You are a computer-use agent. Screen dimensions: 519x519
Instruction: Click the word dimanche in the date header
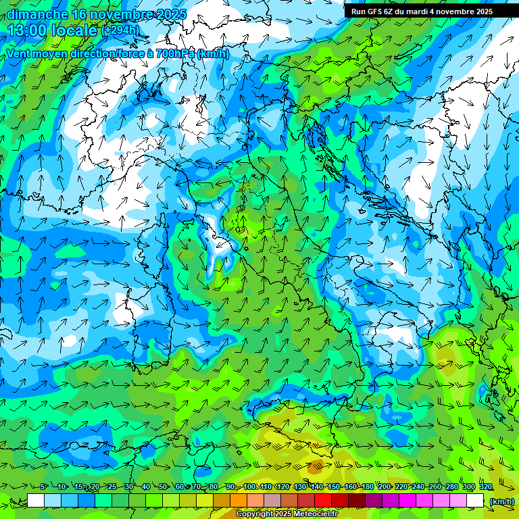pyautogui.click(x=38, y=14)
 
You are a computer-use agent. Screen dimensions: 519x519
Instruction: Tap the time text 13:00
pyautogui.click(x=30, y=30)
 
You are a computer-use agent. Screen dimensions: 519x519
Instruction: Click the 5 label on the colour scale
pyautogui.click(x=43, y=487)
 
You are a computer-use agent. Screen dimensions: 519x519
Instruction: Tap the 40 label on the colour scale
pyautogui.click(x=146, y=487)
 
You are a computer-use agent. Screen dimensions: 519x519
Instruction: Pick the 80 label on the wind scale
pyautogui.click(x=214, y=487)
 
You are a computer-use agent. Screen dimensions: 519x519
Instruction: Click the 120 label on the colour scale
pyautogui.click(x=282, y=487)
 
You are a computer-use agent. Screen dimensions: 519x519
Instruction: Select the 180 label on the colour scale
pyautogui.click(x=368, y=487)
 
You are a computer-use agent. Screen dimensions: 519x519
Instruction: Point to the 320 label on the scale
pyautogui.click(x=486, y=487)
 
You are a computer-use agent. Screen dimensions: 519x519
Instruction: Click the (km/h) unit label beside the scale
pyautogui.click(x=501, y=501)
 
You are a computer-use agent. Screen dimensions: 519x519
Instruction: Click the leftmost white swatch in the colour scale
pyautogui.click(x=36, y=501)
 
